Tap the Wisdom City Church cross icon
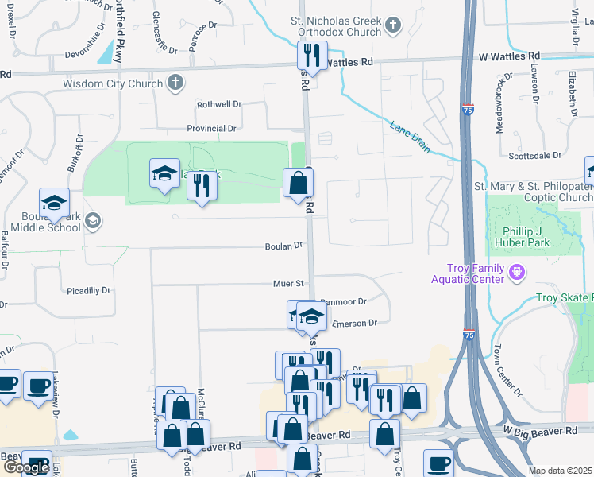[175, 83]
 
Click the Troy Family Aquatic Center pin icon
[517, 273]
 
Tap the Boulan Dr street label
[284, 246]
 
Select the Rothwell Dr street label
[219, 104]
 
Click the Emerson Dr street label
[353, 323]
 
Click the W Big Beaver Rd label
[546, 431]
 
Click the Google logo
[26, 467]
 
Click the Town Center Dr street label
[507, 370]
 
